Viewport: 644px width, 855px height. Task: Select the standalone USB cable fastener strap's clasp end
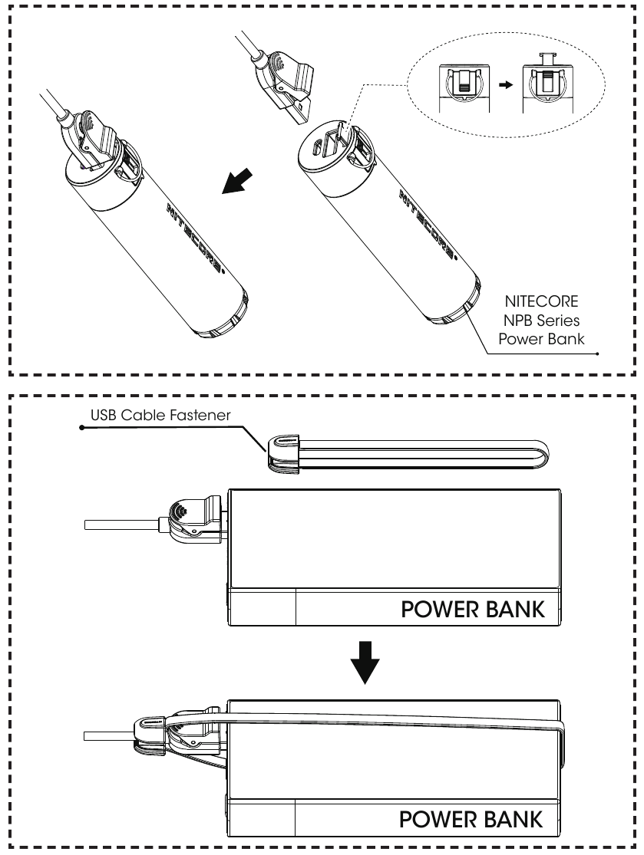(x=285, y=452)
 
